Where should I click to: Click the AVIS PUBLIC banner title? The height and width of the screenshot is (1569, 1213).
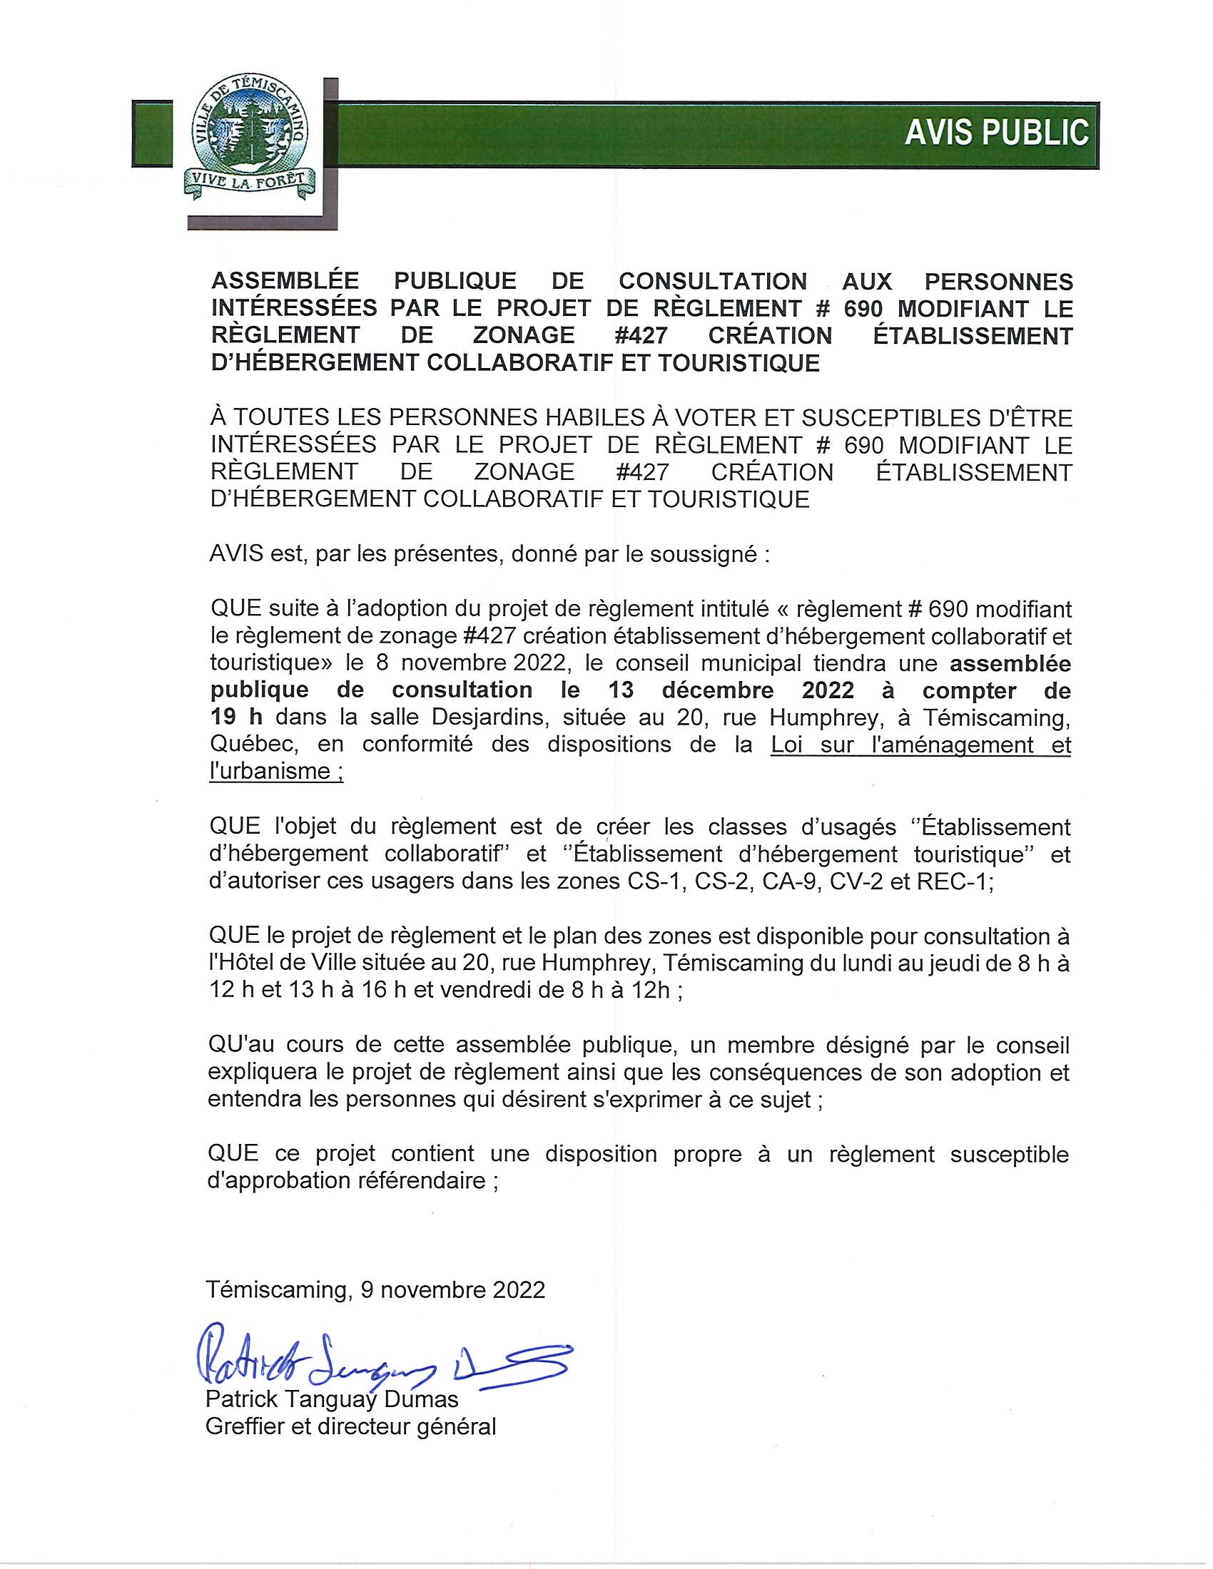pos(996,133)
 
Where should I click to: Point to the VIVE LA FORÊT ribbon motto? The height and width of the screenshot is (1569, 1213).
pos(250,182)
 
